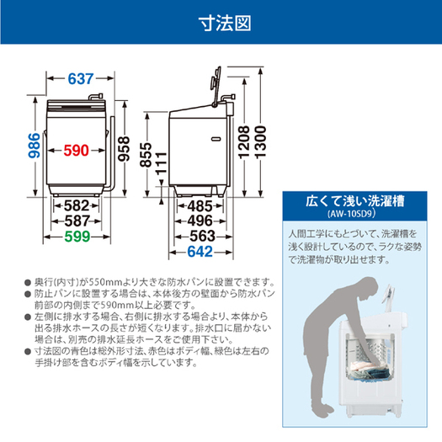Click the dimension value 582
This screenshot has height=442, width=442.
click(77, 205)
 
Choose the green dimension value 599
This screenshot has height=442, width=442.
click(77, 237)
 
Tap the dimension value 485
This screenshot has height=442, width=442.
click(198, 205)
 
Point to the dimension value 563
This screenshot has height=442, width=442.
click(200, 237)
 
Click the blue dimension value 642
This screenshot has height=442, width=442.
click(200, 253)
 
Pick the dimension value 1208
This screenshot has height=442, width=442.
click(245, 152)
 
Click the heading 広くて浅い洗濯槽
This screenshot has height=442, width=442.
click(358, 202)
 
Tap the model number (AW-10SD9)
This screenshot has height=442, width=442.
click(358, 216)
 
